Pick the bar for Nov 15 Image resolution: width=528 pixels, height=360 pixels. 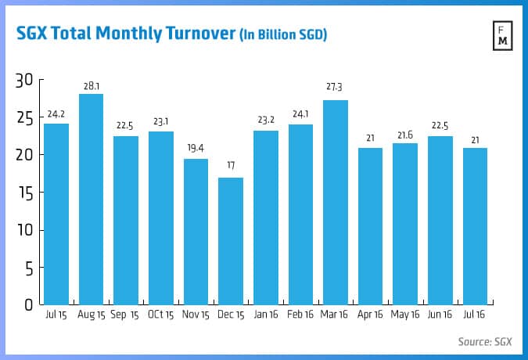point(196,232)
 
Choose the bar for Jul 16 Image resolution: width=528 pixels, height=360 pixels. point(474,226)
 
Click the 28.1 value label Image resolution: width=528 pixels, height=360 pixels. point(92,87)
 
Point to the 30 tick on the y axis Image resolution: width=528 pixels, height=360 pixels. point(24,80)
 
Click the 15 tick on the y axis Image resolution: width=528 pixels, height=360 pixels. point(24,193)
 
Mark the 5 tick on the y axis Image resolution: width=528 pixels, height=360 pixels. point(28,268)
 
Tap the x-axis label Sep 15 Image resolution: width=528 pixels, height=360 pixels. point(126,315)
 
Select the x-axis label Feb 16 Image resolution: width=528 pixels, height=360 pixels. point(300,315)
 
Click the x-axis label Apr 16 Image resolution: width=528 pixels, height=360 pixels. point(370,315)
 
